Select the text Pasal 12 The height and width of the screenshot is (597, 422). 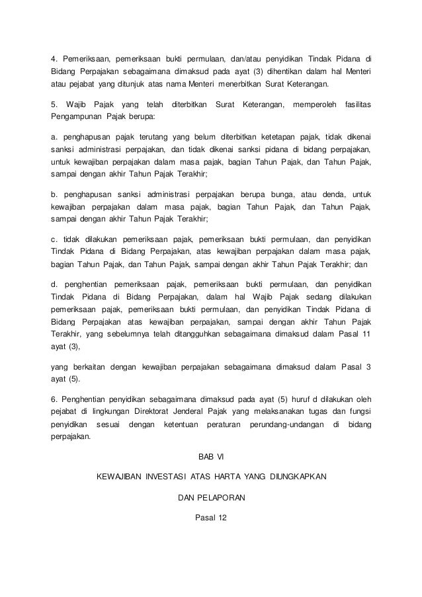211,518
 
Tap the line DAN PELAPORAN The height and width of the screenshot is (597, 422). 211,497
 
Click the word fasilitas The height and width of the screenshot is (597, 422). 355,105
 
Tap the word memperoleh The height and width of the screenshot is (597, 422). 314,105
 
